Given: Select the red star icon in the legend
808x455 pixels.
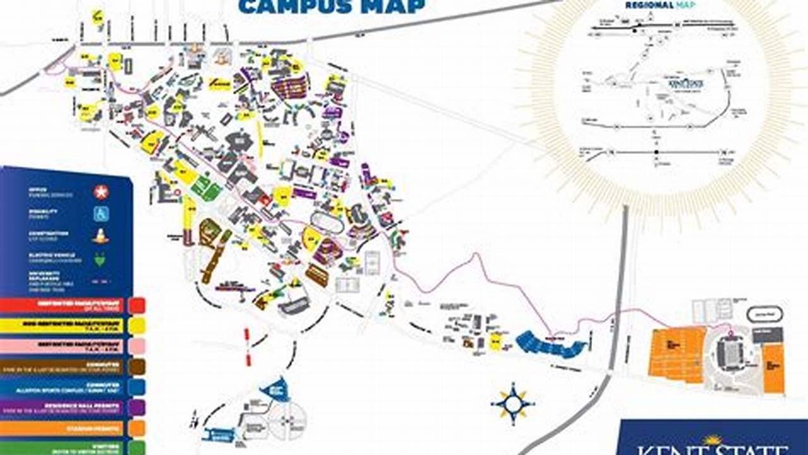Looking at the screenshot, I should (101, 191).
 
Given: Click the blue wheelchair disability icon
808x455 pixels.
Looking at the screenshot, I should (101, 214).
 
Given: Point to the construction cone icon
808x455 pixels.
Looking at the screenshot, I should (101, 236).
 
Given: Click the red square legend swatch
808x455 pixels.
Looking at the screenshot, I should (136, 306).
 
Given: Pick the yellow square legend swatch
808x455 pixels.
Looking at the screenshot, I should (136, 326).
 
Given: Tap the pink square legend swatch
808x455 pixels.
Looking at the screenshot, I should (136, 346).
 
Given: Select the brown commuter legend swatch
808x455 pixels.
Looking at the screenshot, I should (136, 367).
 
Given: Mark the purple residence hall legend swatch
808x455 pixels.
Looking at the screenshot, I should (136, 408).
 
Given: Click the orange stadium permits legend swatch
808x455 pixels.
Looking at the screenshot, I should (136, 428).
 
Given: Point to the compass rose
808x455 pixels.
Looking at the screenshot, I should (513, 402).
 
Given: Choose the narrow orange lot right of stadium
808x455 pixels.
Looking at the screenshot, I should (773, 368).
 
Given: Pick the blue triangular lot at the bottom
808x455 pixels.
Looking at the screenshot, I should (275, 389).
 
